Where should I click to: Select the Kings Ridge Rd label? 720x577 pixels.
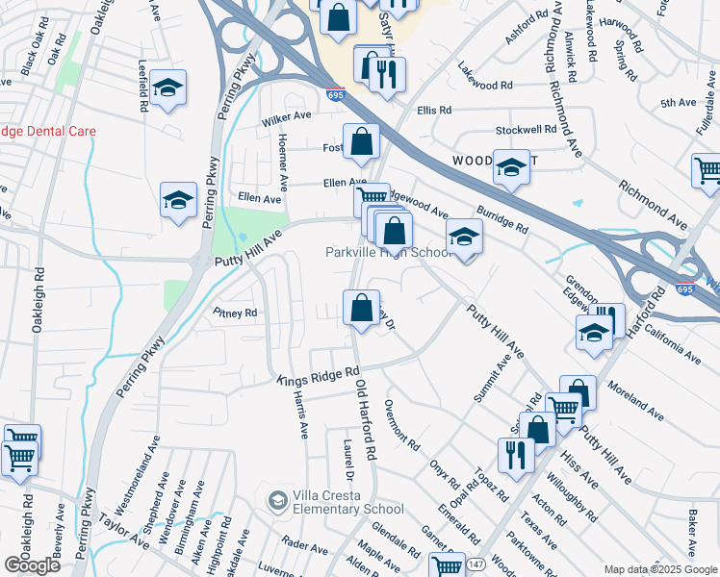click(318, 376)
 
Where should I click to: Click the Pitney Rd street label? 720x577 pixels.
click(236, 314)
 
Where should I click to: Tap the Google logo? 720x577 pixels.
click(32, 565)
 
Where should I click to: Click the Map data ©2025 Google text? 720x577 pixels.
click(659, 569)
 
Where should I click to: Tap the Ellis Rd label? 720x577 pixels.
click(434, 111)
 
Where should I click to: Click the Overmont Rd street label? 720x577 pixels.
click(402, 425)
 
